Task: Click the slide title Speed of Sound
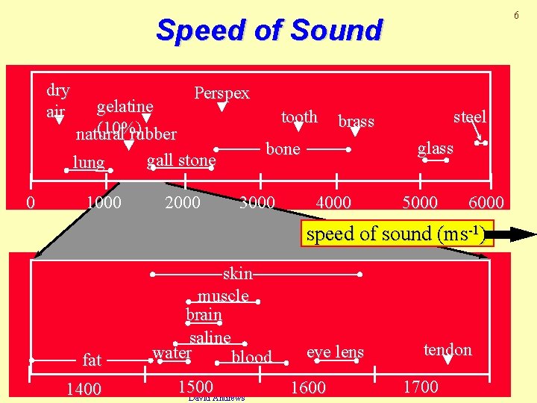coord(268,31)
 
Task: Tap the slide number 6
coord(515,16)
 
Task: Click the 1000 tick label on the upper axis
coord(104,202)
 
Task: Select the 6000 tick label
coord(486,202)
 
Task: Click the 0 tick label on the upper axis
coord(30,202)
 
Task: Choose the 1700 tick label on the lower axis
coord(421,387)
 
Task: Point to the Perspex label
coord(222,93)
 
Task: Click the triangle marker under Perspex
coord(222,107)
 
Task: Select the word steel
coord(470,116)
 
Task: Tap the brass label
coord(356,121)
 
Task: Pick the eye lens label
coord(336,352)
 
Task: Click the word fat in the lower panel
coord(92,360)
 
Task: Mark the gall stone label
coord(181,160)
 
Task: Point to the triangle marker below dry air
coord(59,119)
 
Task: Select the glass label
coord(436,148)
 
